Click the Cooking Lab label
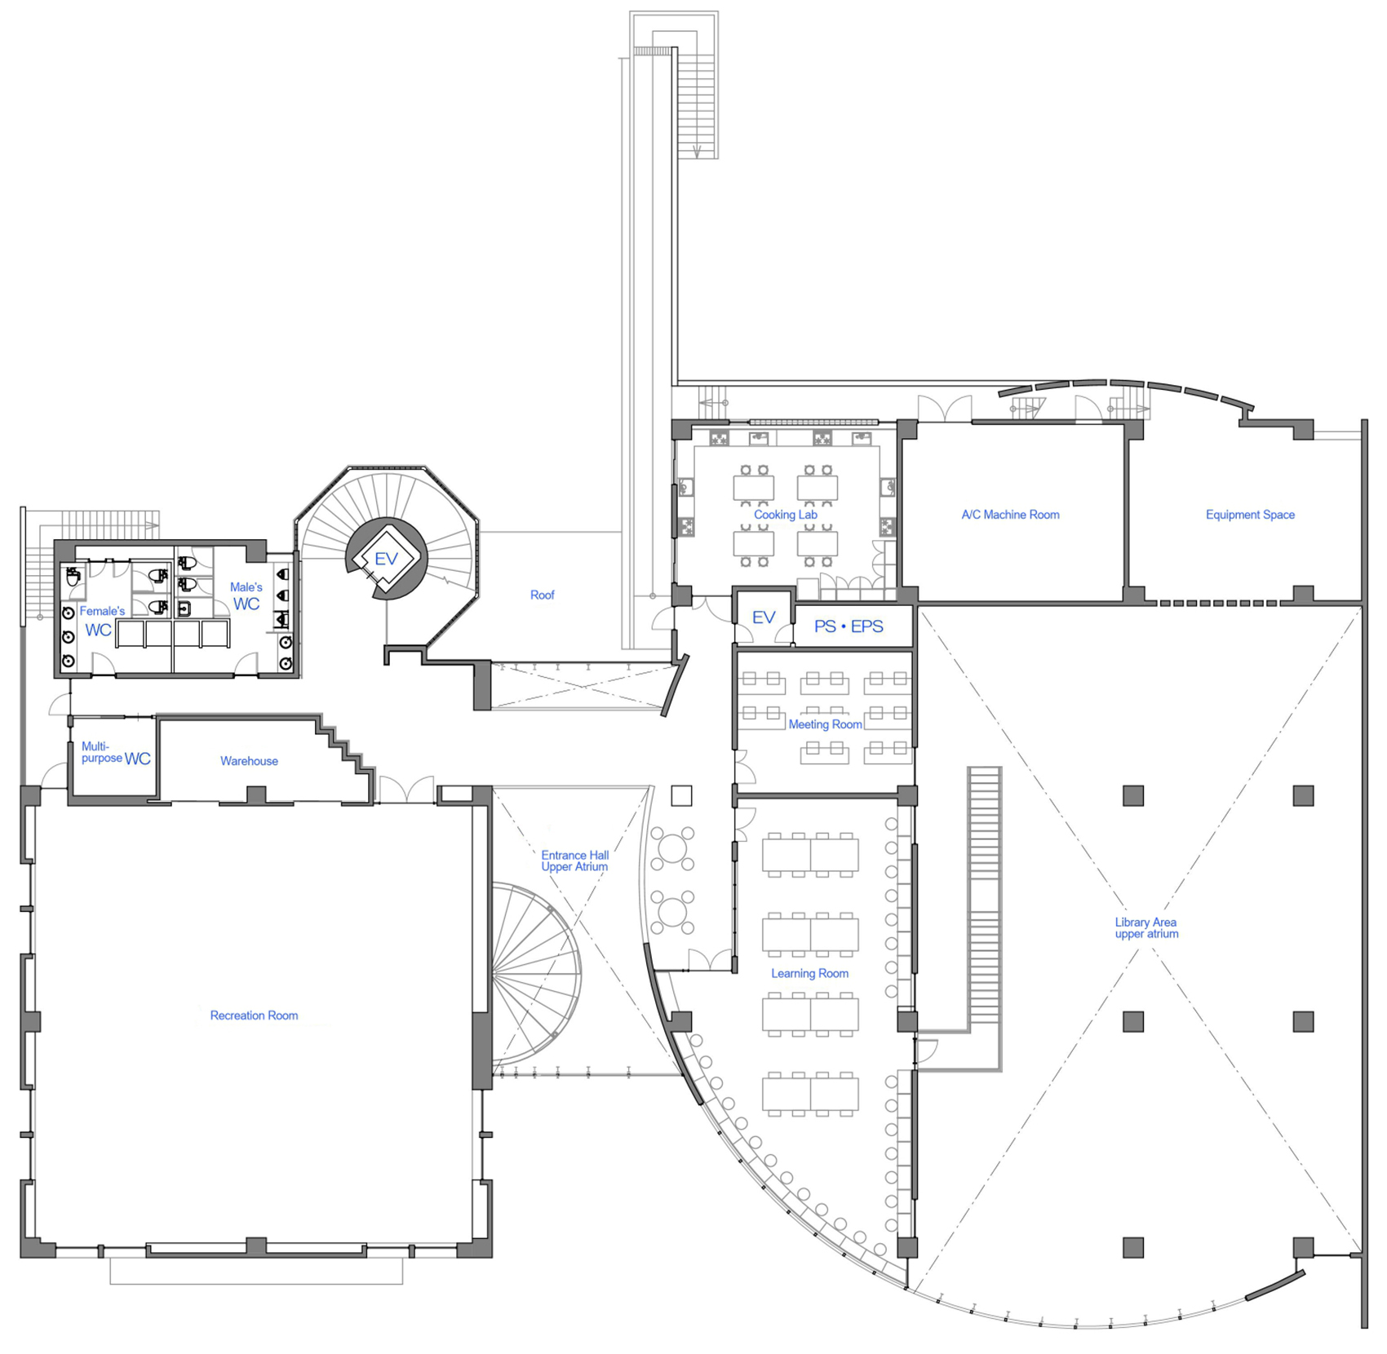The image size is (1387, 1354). coord(785,515)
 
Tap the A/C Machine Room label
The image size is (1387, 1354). coord(1010,515)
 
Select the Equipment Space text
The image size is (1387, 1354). coord(1250,515)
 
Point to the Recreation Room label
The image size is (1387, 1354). coord(254,1015)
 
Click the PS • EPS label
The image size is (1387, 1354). coord(849,626)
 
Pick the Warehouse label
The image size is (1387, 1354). coord(249,761)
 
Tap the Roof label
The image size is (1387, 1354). coord(542,595)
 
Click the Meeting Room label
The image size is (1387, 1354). coord(825,724)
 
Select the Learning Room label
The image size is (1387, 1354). coord(809,973)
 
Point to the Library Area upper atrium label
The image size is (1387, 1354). coord(1146,928)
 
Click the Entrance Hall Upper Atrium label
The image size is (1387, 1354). coord(574,861)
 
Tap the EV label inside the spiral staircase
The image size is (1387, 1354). coord(386,559)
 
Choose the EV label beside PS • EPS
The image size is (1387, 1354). coord(764,617)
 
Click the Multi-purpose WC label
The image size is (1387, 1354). coord(116,753)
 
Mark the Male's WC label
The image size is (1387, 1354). coord(246,596)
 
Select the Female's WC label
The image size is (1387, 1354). coord(101,621)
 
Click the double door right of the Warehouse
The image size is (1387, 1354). coord(406,790)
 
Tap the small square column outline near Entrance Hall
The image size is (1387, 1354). coord(681,795)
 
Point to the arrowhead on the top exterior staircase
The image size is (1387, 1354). coord(698,151)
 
